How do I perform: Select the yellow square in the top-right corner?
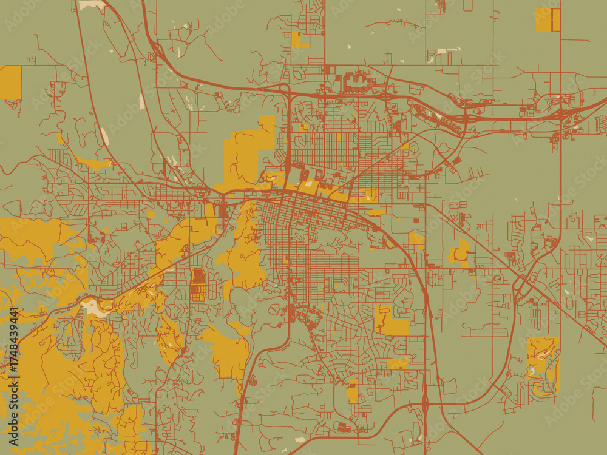[x=548, y=19]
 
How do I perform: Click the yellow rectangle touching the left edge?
[x=10, y=83]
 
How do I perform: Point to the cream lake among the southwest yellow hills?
[x=95, y=307]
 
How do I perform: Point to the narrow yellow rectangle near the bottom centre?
[x=352, y=392]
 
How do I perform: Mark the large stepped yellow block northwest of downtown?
[x=246, y=155]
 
